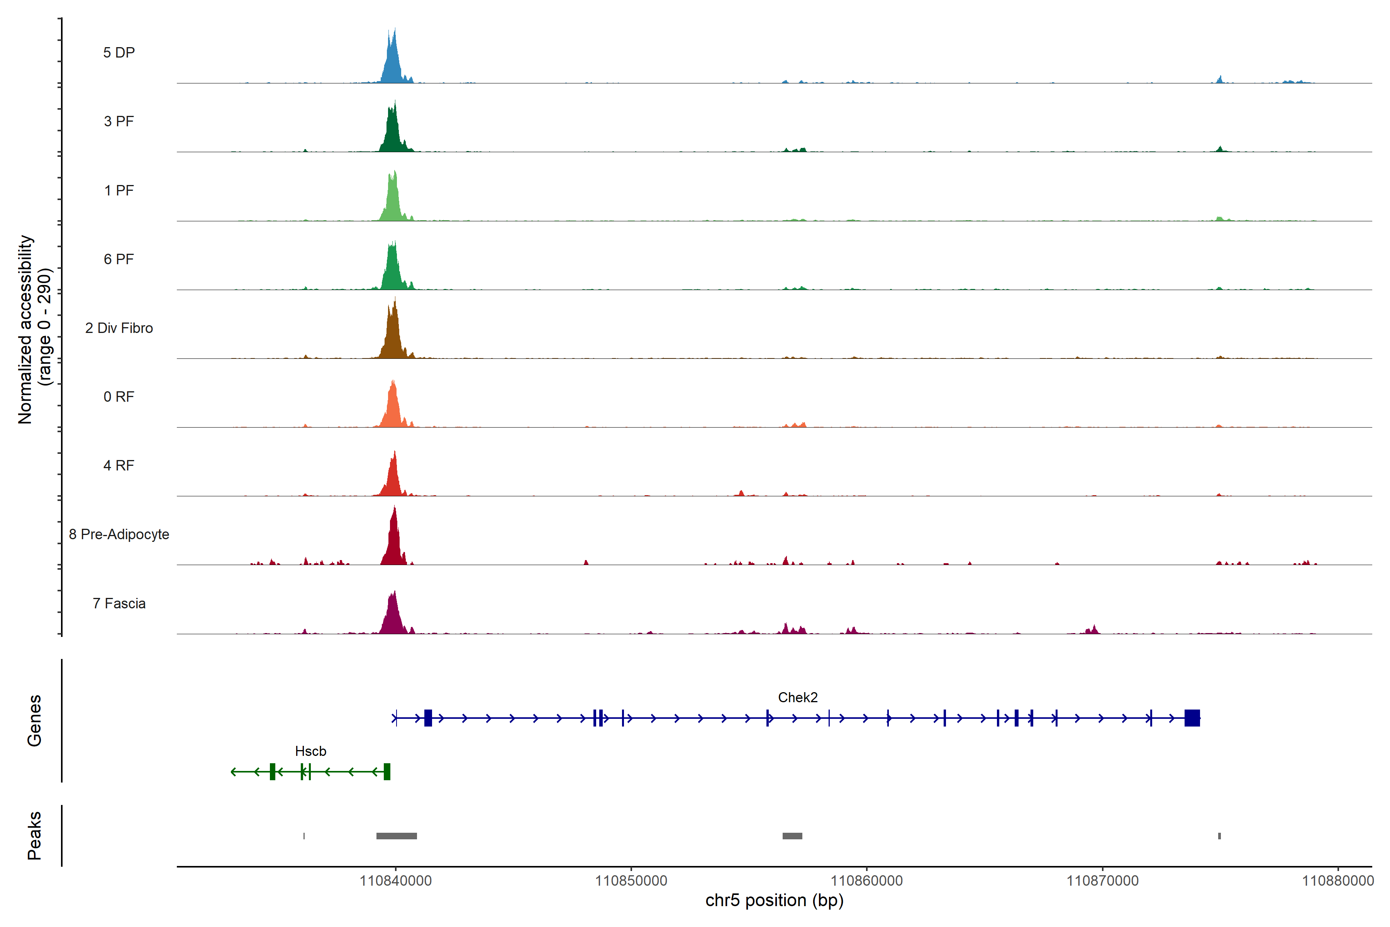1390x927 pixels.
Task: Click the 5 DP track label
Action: coord(119,53)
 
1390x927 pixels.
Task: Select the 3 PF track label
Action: coord(119,121)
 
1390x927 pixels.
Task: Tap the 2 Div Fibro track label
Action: coord(119,328)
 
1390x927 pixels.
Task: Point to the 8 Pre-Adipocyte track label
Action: coord(119,535)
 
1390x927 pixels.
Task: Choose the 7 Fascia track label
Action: coord(119,604)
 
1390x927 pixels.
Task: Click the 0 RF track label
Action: coord(119,397)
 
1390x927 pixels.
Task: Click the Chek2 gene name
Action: coord(797,698)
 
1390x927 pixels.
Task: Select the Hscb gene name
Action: coord(310,751)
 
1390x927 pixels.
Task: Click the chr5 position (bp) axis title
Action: coord(774,900)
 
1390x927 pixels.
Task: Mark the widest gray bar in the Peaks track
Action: coord(397,836)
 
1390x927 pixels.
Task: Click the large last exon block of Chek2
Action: coord(1192,718)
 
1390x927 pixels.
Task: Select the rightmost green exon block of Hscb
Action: coord(387,771)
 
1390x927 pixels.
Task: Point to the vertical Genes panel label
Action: coord(34,721)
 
